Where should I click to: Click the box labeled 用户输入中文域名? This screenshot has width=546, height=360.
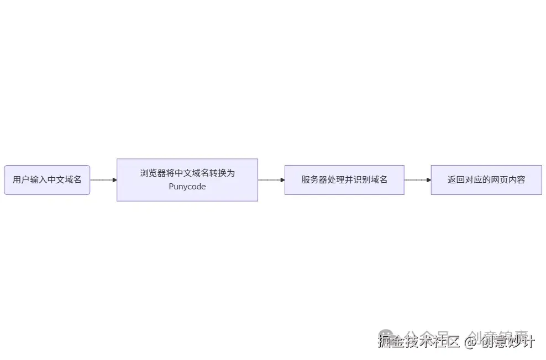pyautogui.click(x=47, y=180)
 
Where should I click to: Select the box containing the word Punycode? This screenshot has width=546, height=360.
pyautogui.click(x=187, y=180)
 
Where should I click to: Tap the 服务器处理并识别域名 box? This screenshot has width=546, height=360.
pyautogui.click(x=344, y=180)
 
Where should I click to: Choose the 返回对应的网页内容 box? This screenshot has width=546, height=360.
pyautogui.click(x=486, y=180)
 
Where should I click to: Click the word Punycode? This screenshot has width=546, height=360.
pyautogui.click(x=187, y=187)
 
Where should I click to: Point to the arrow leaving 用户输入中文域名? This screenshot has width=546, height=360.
pyautogui.click(x=103, y=180)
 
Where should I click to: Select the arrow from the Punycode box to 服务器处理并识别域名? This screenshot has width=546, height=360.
pyautogui.click(x=271, y=180)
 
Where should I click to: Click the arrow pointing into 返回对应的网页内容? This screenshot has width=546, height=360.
pyautogui.click(x=417, y=180)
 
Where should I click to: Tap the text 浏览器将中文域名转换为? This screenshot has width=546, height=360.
pyautogui.click(x=187, y=173)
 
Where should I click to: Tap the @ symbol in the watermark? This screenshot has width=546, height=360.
pyautogui.click(x=470, y=342)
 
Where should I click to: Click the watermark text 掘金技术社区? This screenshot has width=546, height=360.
pyautogui.click(x=419, y=342)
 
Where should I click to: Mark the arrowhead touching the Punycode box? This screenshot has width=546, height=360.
pyautogui.click(x=114, y=180)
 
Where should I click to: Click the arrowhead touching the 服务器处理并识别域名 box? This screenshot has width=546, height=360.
pyautogui.click(x=282, y=180)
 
